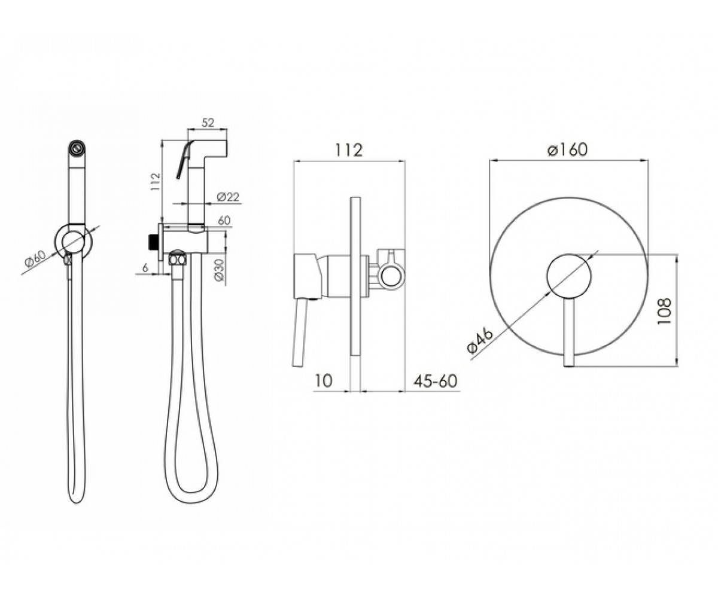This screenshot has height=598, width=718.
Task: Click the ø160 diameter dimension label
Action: pyautogui.click(x=567, y=150)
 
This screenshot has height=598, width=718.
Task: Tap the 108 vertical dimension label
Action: pyautogui.click(x=664, y=311)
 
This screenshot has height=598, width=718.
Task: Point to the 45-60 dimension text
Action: pyautogui.click(x=436, y=381)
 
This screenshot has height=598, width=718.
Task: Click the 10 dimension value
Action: pyautogui.click(x=323, y=381)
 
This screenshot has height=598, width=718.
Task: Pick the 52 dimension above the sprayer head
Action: pyautogui.click(x=208, y=123)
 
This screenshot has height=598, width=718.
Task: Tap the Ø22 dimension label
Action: pyautogui.click(x=227, y=197)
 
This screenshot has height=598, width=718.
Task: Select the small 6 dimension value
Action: pyautogui.click(x=145, y=267)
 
